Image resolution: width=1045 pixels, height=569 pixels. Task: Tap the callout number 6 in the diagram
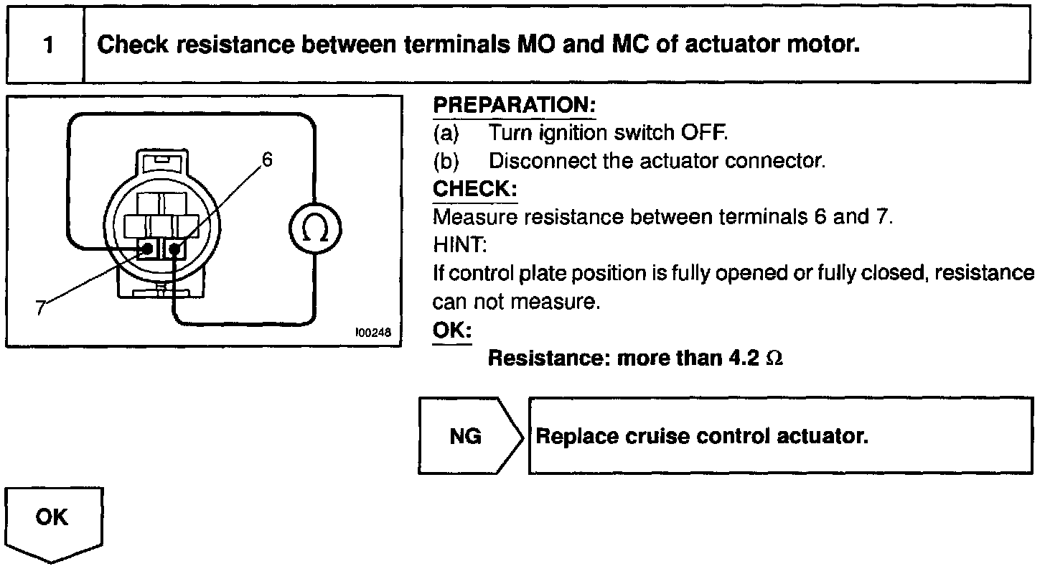coord(267,159)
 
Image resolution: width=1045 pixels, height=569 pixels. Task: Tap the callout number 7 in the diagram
coord(41,307)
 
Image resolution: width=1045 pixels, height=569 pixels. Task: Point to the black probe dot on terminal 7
coord(147,249)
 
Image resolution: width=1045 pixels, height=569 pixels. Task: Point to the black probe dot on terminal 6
coord(173,249)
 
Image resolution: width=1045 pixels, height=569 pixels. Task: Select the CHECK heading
coord(474,189)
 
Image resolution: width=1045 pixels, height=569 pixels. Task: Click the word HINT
coord(459,246)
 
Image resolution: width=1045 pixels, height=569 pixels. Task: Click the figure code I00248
coord(373,333)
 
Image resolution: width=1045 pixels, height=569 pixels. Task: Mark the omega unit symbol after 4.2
coord(774,358)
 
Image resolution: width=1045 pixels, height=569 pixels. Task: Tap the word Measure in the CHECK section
coord(465,217)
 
